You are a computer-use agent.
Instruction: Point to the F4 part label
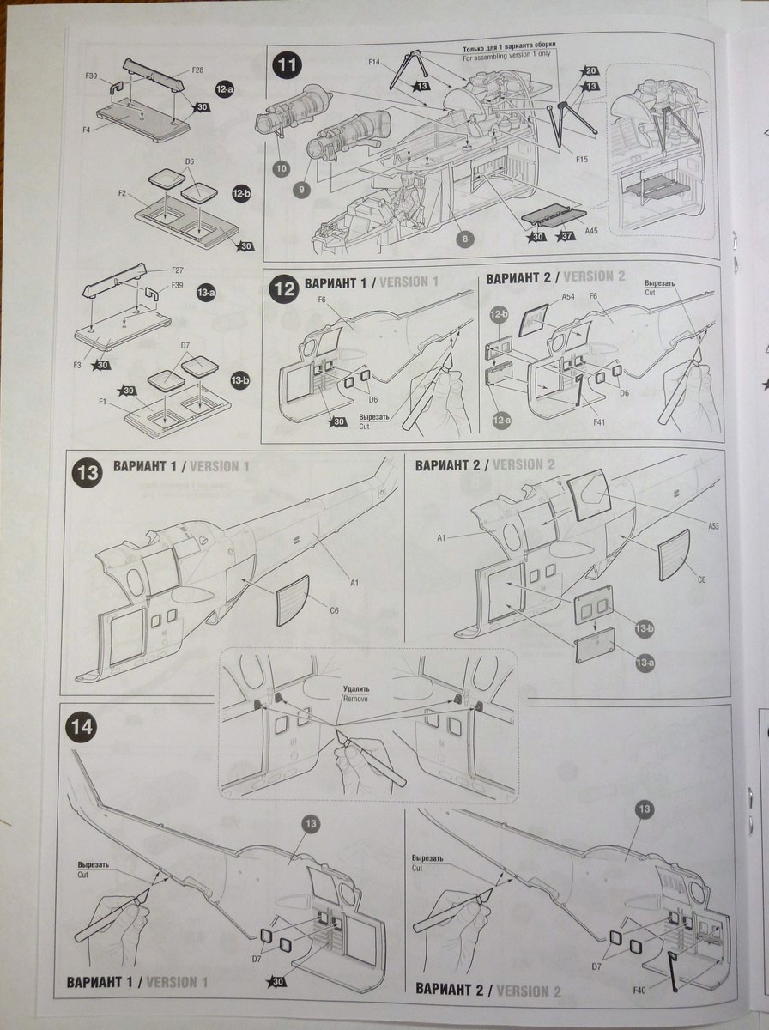[87, 129]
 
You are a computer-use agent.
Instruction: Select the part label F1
[102, 402]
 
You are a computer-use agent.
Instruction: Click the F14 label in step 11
[374, 62]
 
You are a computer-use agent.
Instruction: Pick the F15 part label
[558, 160]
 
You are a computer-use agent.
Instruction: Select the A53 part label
[713, 525]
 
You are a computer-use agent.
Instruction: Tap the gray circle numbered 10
[281, 168]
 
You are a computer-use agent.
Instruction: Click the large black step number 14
[84, 727]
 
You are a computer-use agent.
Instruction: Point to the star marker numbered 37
[565, 237]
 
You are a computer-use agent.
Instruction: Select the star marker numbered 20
[590, 71]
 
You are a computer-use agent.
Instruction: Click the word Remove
[354, 699]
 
